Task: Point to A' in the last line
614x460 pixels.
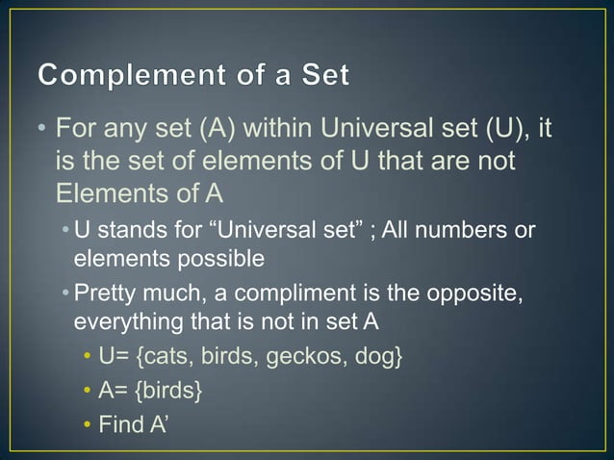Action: point(159,423)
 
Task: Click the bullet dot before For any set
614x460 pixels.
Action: point(37,129)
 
